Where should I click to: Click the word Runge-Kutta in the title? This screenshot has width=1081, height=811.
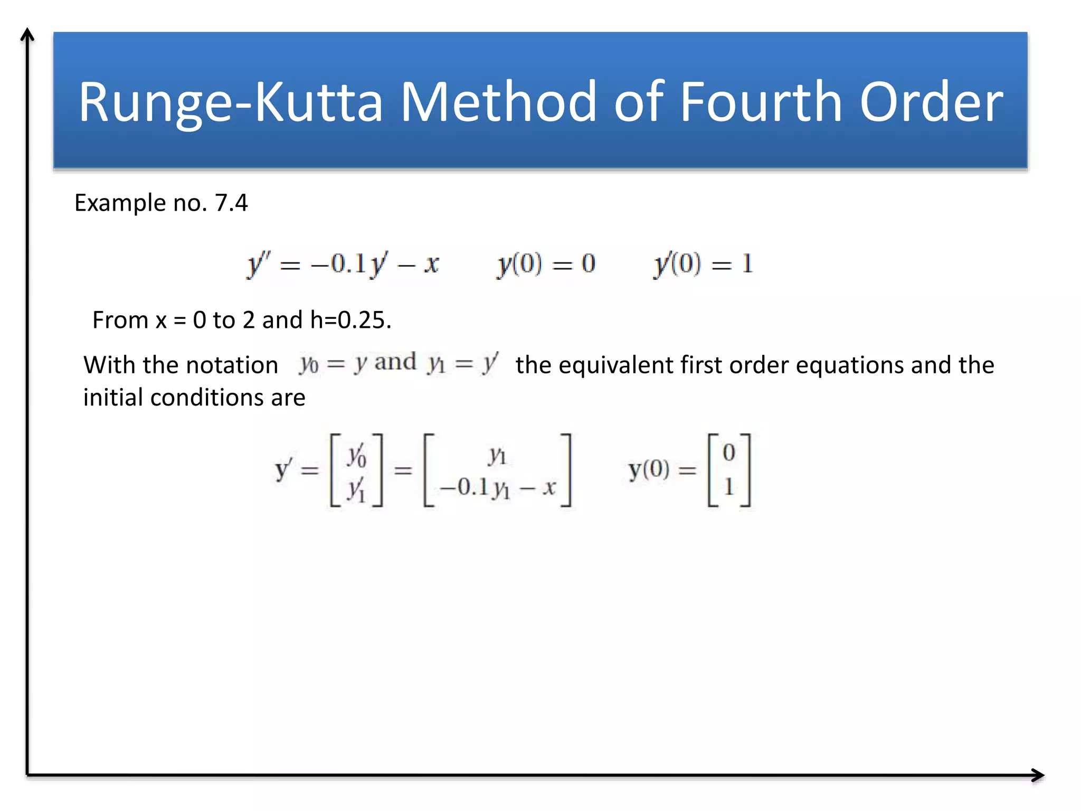click(231, 101)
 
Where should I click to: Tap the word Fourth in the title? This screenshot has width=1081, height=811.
click(761, 101)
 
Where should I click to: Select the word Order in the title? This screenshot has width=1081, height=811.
click(932, 101)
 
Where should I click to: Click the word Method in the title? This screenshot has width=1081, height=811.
click(498, 101)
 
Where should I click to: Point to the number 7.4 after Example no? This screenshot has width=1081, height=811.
click(231, 203)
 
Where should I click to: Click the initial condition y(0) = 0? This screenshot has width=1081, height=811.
click(546, 263)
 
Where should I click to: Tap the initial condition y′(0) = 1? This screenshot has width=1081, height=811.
click(703, 263)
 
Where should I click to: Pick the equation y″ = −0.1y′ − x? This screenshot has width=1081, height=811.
click(343, 263)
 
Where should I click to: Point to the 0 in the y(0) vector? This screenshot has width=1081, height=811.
click(729, 453)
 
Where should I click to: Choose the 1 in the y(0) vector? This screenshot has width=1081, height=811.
click(729, 487)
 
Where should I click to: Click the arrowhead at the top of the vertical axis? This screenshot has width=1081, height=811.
click(27, 35)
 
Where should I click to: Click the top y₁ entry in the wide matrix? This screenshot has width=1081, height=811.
click(497, 455)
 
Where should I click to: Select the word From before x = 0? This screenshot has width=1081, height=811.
click(120, 320)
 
